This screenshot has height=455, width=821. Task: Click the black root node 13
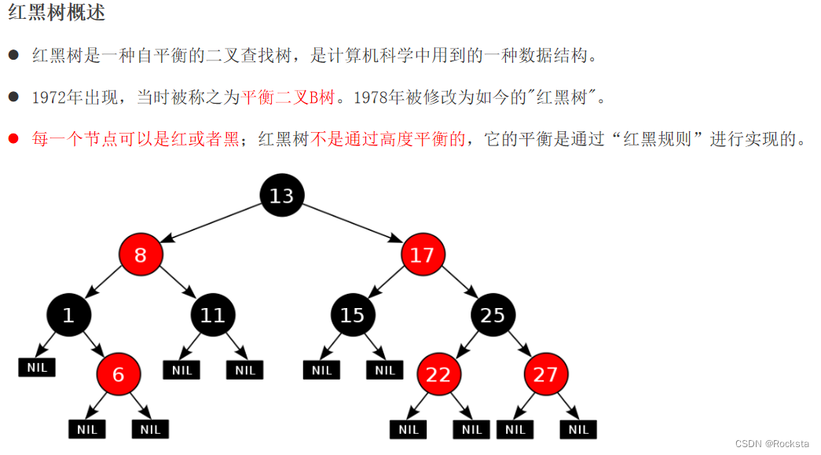click(282, 196)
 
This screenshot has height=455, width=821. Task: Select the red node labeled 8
click(141, 255)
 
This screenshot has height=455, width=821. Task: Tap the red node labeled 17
click(423, 255)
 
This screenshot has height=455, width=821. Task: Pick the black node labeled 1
click(68, 314)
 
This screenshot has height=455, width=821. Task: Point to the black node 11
click(213, 314)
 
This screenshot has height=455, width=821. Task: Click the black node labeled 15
click(353, 314)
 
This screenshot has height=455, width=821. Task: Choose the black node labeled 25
click(493, 314)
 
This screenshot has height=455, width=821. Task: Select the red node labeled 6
click(119, 374)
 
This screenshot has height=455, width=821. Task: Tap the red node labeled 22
click(438, 374)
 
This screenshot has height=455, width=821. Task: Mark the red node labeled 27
click(545, 374)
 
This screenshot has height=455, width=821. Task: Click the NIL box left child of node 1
click(37, 368)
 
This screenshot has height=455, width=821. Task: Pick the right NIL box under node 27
click(578, 429)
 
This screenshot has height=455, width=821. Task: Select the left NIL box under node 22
click(409, 429)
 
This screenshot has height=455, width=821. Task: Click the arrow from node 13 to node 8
click(211, 224)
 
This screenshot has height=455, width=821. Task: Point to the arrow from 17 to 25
click(460, 282)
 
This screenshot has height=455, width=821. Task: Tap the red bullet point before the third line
click(13, 138)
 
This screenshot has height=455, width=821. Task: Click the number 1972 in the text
click(49, 97)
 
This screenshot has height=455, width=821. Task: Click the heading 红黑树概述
click(57, 12)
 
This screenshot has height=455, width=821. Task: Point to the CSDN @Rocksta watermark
click(772, 443)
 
